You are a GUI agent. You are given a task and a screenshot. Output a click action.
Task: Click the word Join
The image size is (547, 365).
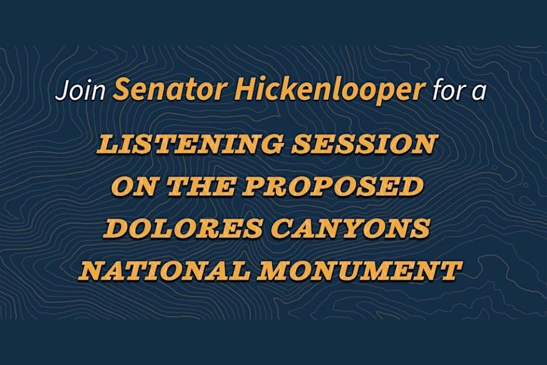click(x=80, y=91)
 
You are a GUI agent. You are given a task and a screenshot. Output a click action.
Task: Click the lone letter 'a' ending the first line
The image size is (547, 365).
click(x=478, y=94)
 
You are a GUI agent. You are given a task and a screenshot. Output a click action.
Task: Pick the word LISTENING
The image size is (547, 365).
click(x=189, y=144)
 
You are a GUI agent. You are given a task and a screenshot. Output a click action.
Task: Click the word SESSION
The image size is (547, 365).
click(x=364, y=144)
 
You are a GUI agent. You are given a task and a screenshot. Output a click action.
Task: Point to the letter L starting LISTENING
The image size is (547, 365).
click(x=107, y=144)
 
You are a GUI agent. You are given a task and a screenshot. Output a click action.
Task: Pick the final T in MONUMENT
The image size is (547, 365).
click(x=449, y=270)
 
